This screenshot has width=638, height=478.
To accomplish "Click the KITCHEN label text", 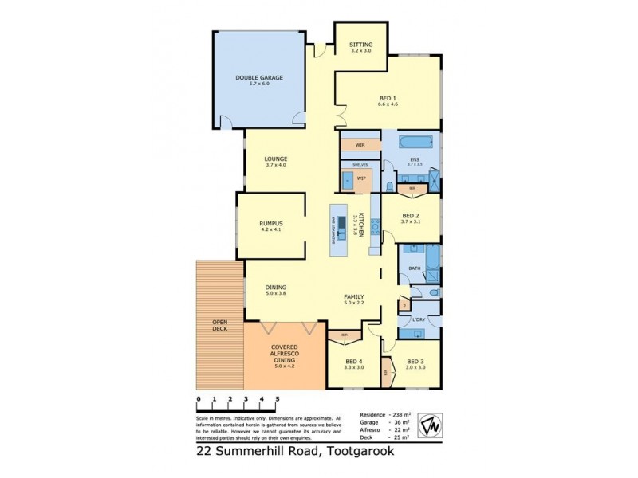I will click(x=360, y=226).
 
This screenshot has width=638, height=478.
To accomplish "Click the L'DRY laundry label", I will click(x=418, y=320).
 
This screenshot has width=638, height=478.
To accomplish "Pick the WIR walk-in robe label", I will click(x=360, y=145).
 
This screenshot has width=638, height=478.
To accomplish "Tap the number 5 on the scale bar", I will click(x=278, y=399).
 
